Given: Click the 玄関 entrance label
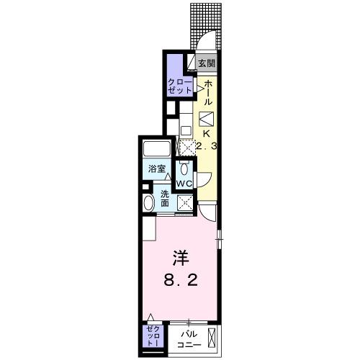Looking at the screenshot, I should tap(207, 63).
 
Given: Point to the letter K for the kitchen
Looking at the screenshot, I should tap(206, 133).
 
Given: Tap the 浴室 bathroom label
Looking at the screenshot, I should tap(157, 169).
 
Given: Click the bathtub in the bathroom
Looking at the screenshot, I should tap(157, 150).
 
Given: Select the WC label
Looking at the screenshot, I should tap(184, 184).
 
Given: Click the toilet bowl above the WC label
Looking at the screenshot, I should tap(184, 168).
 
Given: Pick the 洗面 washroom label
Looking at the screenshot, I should tap(165, 198).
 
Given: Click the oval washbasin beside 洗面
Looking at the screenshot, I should tap(149, 202).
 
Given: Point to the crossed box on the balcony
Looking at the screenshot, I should tap(211, 337).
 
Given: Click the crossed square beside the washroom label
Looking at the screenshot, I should tap(185, 202).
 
